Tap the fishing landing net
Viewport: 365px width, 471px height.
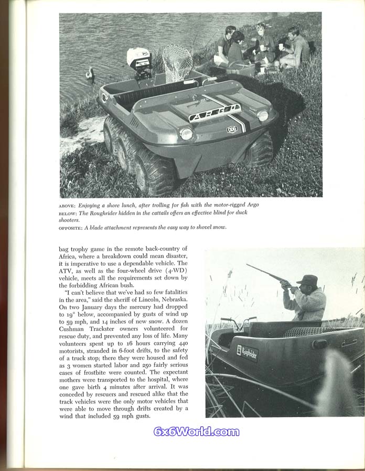(x=178, y=61)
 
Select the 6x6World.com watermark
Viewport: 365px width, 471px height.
(x=196, y=432)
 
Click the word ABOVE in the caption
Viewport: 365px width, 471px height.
(x=68, y=205)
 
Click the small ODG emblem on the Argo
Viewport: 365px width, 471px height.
(x=232, y=129)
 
